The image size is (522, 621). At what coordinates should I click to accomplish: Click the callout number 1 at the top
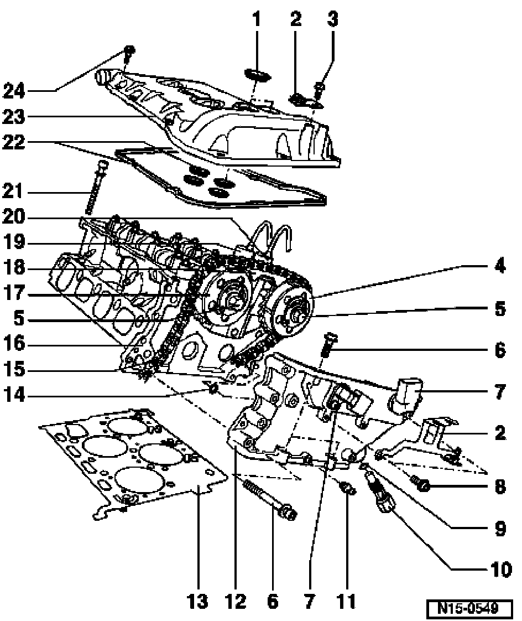pos(256,20)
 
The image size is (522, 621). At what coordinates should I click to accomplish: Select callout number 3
pos(332,20)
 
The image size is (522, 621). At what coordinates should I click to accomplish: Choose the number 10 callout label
pos(499,569)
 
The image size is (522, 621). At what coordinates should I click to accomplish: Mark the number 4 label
pos(500,267)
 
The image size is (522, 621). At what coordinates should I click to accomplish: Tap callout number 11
pos(347,600)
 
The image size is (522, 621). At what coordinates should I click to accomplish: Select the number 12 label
pos(234,600)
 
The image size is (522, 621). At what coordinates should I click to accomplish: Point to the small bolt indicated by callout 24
pos(129,53)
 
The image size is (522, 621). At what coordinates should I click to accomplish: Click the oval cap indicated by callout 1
pos(255,76)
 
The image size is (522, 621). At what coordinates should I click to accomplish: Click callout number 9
pos(500,529)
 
